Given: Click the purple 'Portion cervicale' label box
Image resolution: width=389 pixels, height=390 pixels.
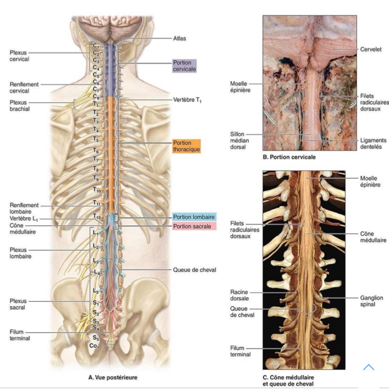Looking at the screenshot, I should click(x=184, y=66).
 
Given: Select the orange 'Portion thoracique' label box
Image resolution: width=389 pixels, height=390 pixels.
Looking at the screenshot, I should click(x=186, y=146).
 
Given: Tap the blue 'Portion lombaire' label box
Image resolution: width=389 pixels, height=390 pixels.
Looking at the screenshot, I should click(x=194, y=217).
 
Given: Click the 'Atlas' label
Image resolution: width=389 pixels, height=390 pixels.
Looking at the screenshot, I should click(x=179, y=38).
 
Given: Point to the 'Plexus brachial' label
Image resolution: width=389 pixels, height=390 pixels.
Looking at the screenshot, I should click(x=20, y=106).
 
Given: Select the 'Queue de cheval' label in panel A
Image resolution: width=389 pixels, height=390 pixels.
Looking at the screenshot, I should click(x=194, y=270).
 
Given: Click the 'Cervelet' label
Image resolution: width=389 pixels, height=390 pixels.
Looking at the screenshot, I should click(x=371, y=49).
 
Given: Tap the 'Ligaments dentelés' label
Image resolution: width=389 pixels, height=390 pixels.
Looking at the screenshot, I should click(x=373, y=143).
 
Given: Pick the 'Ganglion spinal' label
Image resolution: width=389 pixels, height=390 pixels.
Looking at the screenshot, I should click(x=371, y=301).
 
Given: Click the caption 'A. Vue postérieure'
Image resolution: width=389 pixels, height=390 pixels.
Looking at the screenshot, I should click(x=113, y=377).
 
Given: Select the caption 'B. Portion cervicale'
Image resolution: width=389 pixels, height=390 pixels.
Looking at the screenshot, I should click(x=289, y=157).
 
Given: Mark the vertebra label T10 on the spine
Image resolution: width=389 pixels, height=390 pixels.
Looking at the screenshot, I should click(x=97, y=190).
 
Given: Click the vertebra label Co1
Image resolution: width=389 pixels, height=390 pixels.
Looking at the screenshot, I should click(x=94, y=346).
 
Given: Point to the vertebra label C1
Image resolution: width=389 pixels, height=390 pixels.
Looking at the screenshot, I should click(x=96, y=46).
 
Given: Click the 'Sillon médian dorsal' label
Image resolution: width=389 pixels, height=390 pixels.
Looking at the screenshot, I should click(x=239, y=140).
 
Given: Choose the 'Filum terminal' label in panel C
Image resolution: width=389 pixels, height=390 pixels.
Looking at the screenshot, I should click(x=240, y=351).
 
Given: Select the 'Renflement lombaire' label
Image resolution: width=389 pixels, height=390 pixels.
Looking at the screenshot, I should click(x=24, y=208).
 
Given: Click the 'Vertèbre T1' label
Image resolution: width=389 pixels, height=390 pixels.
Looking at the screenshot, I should click(x=187, y=100).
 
